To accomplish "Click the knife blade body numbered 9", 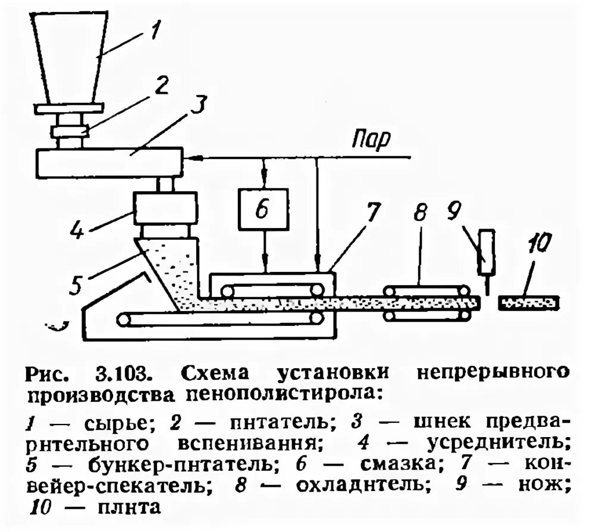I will point(488,252).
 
